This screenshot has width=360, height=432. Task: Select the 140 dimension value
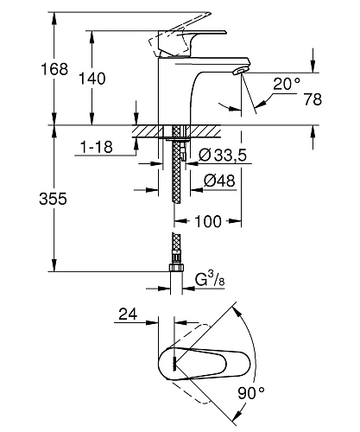(x=94, y=79)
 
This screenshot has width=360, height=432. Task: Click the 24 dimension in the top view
(x=129, y=315)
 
